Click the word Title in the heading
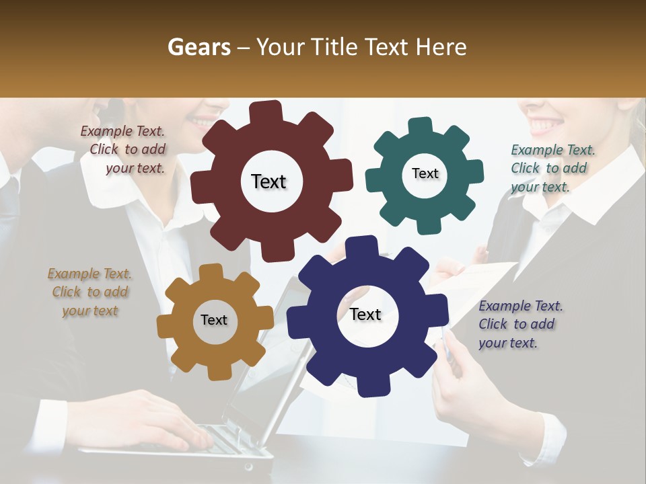[336, 47]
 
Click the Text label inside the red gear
[268, 182]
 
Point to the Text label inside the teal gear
[425, 173]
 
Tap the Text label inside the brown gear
[214, 320]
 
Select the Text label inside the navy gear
[365, 314]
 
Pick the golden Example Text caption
[89, 292]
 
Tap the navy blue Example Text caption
[519, 324]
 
